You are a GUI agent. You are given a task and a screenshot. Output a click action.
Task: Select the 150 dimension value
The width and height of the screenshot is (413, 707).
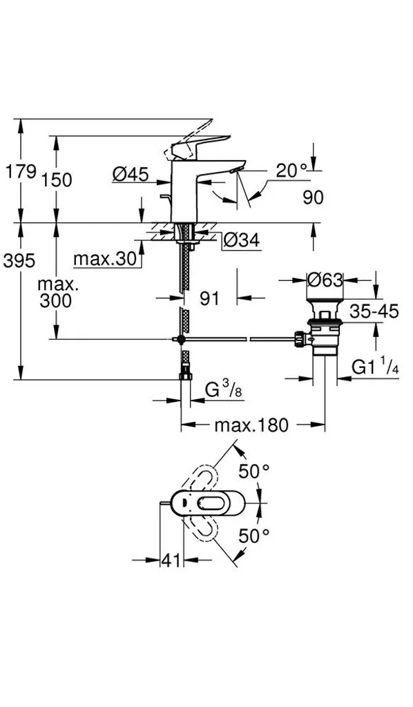click(x=57, y=180)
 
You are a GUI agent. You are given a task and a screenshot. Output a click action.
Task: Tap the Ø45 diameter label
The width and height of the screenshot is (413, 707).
click(x=130, y=174)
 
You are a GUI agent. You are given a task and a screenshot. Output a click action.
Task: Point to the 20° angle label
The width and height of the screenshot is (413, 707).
click(x=291, y=171)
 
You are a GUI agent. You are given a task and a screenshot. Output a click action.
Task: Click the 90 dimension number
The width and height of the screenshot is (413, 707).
click(x=313, y=197)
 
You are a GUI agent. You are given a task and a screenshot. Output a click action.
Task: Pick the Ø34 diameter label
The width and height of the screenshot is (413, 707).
click(x=241, y=241)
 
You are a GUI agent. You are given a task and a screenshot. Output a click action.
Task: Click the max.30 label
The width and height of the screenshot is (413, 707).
click(x=104, y=259)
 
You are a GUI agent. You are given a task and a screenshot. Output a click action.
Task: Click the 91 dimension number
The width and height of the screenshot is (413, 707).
click(x=209, y=298)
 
